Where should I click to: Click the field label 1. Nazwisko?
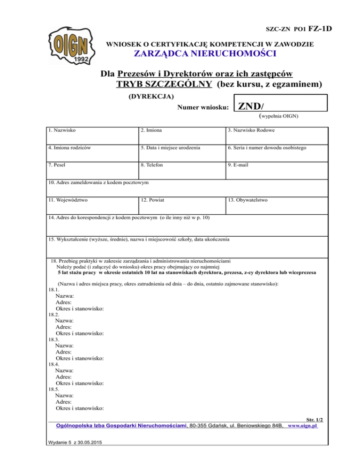pyautogui.click(x=63, y=129)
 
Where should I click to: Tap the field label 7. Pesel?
pyautogui.click(x=59, y=165)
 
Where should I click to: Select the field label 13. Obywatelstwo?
pyautogui.click(x=247, y=200)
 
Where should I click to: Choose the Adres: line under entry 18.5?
pyautogui.click(x=64, y=402)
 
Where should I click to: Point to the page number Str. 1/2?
pyautogui.click(x=314, y=421)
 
